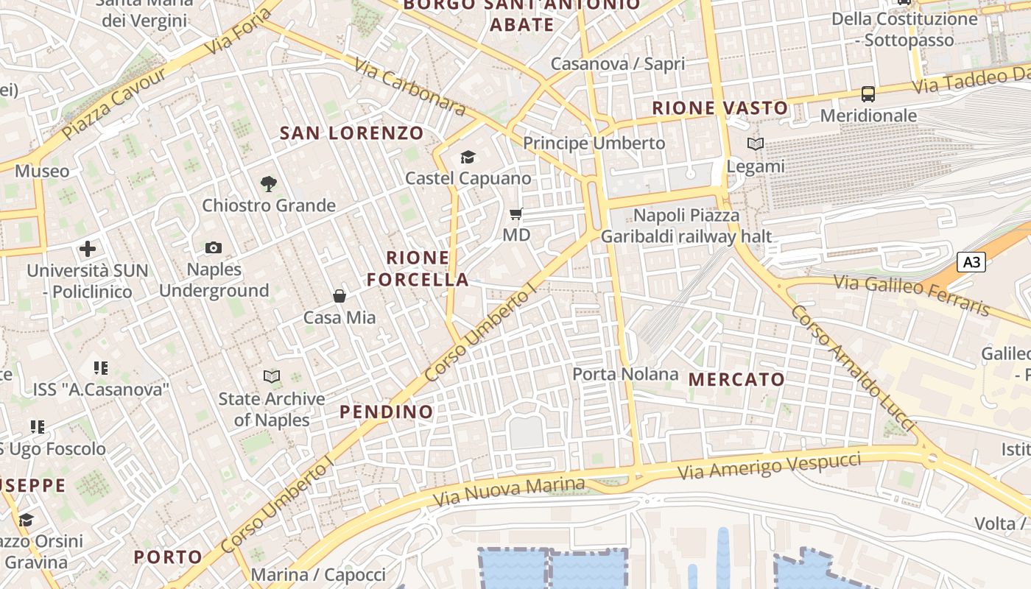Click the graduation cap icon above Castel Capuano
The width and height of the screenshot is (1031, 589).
click(468, 157)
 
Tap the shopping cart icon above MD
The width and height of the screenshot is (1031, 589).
click(516, 214)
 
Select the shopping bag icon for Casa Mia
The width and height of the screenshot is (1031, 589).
click(339, 296)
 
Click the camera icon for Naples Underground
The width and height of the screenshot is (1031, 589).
click(214, 248)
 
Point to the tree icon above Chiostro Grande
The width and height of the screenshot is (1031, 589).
click(268, 184)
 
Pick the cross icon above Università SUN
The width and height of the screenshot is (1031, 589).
click(88, 249)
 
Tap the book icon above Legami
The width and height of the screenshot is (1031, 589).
click(756, 144)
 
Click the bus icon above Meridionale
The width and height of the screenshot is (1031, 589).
click(868, 94)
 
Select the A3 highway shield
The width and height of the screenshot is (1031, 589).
click(971, 262)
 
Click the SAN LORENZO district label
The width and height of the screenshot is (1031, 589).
click(352, 133)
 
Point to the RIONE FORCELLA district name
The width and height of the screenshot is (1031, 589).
click(418, 269)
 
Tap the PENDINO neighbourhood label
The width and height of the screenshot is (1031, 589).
click(386, 412)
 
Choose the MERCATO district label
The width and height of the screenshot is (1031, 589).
click(736, 380)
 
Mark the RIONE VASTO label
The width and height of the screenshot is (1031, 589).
click(720, 108)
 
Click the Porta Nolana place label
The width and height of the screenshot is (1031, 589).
click(625, 374)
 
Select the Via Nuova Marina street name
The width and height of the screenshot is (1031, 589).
click(509, 492)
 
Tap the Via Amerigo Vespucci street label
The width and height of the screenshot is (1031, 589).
click(769, 467)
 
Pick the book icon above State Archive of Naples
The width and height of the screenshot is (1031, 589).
click(272, 377)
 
